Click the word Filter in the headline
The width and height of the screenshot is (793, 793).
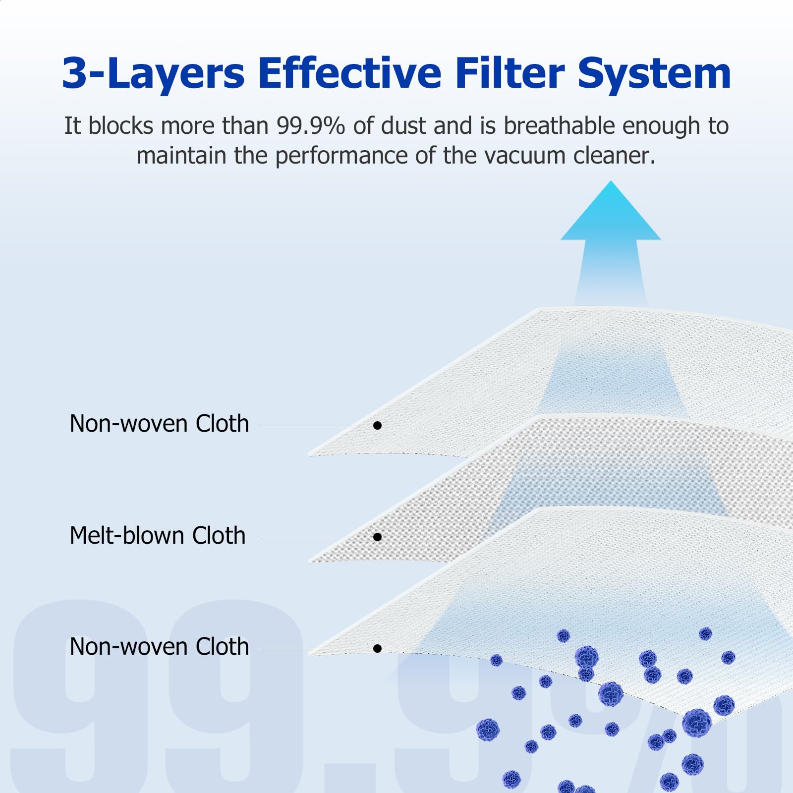510,73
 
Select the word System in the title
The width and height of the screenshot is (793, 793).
654,74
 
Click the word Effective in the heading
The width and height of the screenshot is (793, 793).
349,73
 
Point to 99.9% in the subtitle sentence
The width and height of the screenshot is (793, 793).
310,126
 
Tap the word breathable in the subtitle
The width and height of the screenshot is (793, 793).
559,126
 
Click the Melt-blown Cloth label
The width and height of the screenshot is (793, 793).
158,536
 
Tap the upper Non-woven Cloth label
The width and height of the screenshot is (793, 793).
159,424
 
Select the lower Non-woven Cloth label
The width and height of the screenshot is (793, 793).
159,647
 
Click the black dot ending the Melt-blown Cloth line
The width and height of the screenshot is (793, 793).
378,537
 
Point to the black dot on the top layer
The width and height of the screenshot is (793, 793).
378,426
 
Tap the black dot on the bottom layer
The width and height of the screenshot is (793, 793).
378,649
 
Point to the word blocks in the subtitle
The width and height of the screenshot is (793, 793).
121,126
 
